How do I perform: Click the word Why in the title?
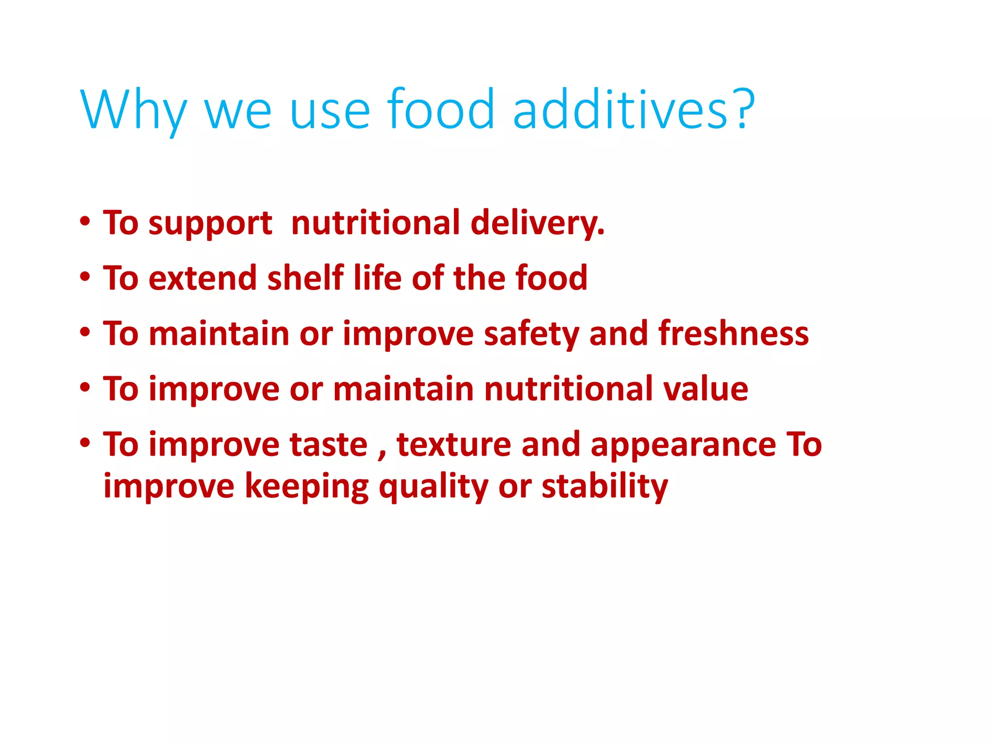[x=134, y=110]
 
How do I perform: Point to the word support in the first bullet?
[x=210, y=223]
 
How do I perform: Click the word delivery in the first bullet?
[x=537, y=223]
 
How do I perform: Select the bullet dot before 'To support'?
[x=85, y=222]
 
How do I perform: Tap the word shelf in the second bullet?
[x=305, y=278]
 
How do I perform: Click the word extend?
[x=202, y=279]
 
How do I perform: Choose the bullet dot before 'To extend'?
[x=85, y=277]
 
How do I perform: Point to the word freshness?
[x=733, y=334]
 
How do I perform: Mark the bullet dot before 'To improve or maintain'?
[x=85, y=388]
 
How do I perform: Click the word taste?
[x=329, y=445]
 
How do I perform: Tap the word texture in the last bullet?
[x=454, y=445]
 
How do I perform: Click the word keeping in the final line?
[x=307, y=487]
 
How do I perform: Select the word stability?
[x=605, y=487]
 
